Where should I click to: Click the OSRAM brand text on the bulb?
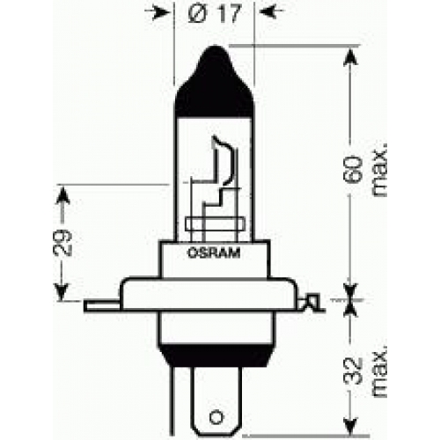pos(214,253)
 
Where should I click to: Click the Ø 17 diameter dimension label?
pos(214,13)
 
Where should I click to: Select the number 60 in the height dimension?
pos(352,170)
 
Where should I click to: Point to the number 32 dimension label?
pos(352,371)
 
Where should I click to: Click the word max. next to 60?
pos(379,170)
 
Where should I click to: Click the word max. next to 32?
pos(379,371)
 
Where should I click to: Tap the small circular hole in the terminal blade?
pos(216,417)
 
